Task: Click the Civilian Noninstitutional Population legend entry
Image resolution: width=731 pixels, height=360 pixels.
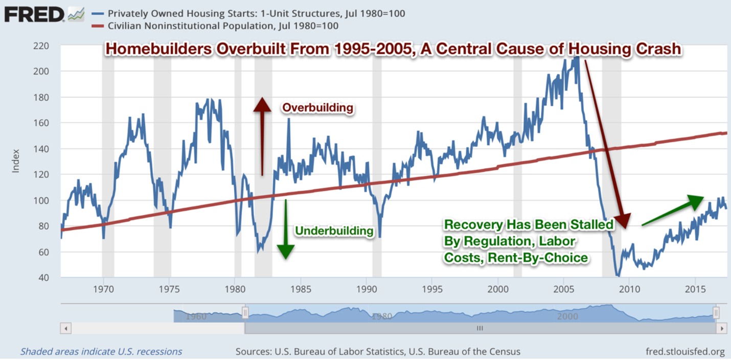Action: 222,26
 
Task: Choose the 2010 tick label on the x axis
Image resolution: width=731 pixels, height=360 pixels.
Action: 629,287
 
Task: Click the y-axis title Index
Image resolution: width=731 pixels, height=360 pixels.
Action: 15,161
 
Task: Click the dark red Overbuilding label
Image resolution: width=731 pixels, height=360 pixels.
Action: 317,108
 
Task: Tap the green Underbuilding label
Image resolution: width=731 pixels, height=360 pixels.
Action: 334,231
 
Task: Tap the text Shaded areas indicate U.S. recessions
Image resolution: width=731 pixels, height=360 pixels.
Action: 101,352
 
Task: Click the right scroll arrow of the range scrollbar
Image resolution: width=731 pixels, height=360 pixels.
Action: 721,328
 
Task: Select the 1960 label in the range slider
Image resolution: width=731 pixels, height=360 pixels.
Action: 196,316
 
